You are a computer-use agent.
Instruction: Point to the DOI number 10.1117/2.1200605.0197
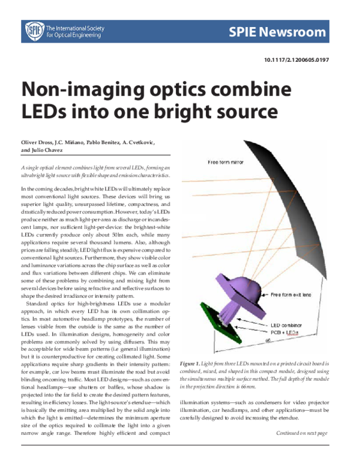[296, 61]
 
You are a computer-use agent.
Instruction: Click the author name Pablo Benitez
[124, 142]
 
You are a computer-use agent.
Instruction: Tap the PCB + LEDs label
[284, 331]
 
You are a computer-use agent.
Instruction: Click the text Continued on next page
[302, 433]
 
